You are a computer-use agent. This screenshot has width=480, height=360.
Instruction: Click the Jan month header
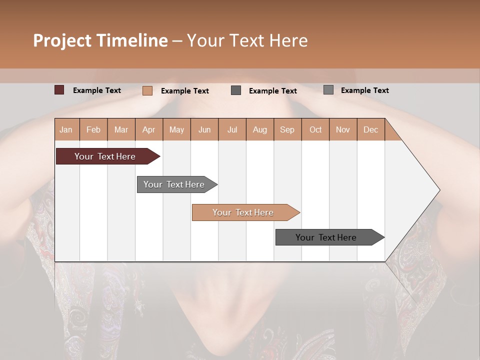pos(66,129)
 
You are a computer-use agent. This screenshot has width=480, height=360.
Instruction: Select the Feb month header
pos(93,129)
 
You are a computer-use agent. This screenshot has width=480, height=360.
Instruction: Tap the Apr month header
pos(148,129)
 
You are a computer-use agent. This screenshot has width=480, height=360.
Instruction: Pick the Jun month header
pos(204,129)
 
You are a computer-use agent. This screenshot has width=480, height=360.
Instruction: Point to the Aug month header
pos(259,129)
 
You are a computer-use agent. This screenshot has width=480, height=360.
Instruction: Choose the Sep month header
pos(287,129)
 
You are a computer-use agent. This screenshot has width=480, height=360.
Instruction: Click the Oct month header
pos(315,129)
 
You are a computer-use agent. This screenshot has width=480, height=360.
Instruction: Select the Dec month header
pos(370,129)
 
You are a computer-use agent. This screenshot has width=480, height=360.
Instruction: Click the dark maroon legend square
pos(59,90)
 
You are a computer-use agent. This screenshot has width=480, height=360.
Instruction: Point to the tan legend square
pos(147,90)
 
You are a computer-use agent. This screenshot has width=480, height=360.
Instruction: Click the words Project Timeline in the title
pos(100,40)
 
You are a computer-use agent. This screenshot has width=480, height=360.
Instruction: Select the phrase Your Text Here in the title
pos(247,40)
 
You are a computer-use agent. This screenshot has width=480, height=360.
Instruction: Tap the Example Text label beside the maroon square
pos(97,90)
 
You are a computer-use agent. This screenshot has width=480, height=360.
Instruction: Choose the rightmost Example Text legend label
pos(364,90)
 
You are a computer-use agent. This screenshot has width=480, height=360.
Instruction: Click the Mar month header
pos(121,129)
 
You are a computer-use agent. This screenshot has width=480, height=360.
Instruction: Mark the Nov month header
pos(342,129)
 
